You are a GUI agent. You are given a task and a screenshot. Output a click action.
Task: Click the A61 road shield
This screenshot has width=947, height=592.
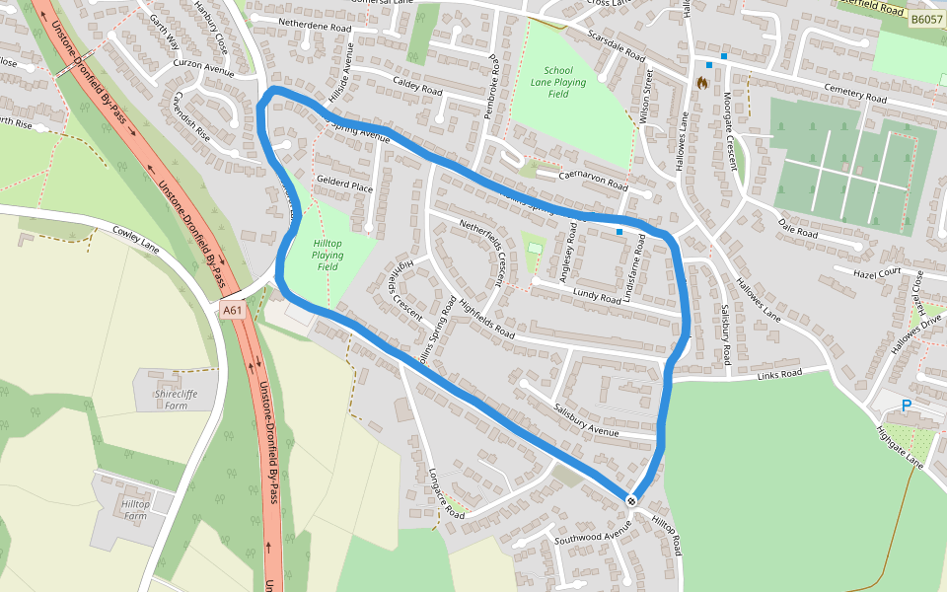pos(232,310)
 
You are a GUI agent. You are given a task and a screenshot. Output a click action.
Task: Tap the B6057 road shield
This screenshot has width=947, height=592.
pos(926,19)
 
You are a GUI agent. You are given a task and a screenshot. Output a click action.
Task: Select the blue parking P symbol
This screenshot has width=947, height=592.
pos(907,405)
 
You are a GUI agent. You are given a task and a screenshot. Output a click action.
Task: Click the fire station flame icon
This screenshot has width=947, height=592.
pos(702,83)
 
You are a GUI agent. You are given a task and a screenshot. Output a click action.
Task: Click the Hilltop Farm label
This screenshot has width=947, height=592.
pos(135,510)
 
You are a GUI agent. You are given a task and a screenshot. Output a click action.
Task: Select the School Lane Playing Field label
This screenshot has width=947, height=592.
pos(557,77)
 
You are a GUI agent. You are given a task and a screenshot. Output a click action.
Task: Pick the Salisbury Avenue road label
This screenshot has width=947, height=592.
pos(586,420)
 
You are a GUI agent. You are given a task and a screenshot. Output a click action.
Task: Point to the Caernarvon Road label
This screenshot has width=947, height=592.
pos(593,179)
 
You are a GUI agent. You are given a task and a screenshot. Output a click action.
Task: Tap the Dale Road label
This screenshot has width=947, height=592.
pos(798,229)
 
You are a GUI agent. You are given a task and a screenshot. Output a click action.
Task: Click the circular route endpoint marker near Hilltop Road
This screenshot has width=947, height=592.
pos(631,501)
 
